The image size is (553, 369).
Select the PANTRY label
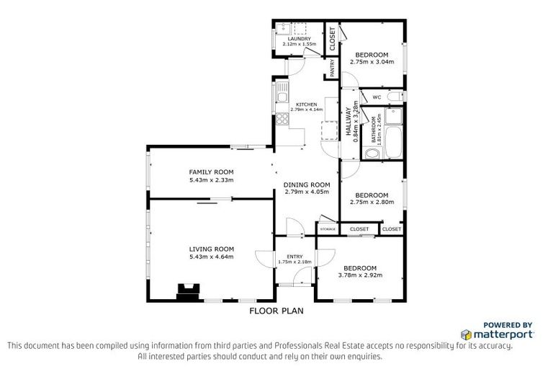332,68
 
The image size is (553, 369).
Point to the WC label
375,97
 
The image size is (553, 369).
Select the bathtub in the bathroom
394,137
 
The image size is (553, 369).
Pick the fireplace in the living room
189,291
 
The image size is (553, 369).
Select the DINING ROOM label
306,184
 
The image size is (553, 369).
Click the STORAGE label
328,229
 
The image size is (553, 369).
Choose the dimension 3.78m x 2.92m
359,275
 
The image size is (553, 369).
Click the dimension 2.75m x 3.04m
371,62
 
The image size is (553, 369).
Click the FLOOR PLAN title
276,311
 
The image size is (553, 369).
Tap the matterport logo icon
466,335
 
